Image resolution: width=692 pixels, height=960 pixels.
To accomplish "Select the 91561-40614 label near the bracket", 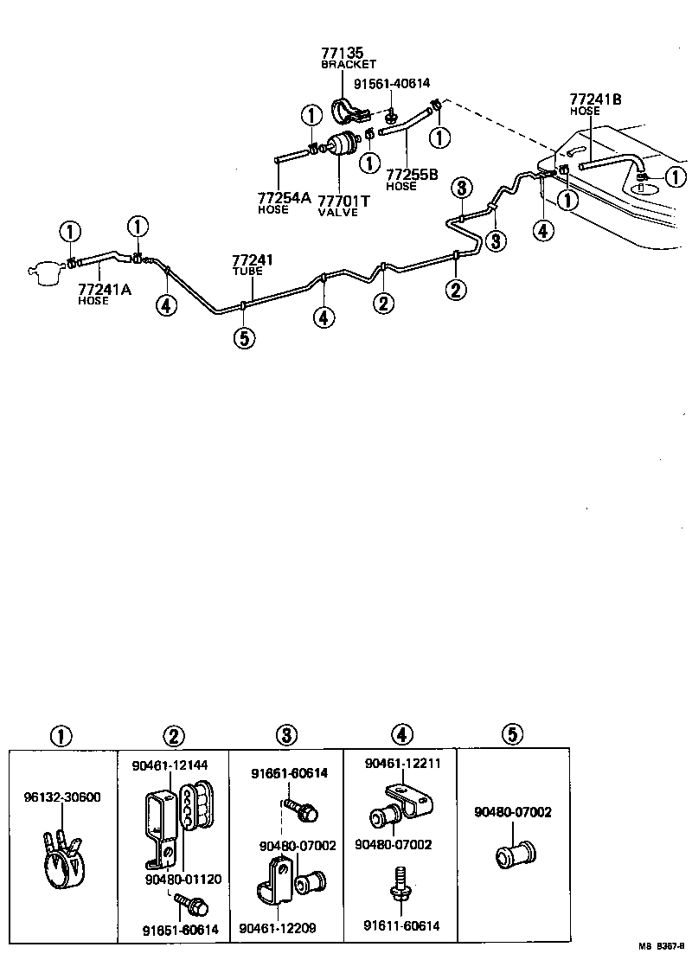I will [391, 83].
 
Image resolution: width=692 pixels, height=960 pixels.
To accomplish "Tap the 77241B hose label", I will [595, 99].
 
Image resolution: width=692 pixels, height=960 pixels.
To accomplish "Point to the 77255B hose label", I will [413, 174].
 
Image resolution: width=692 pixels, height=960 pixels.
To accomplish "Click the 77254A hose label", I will [284, 198].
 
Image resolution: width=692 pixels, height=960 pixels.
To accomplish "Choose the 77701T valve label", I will [343, 200].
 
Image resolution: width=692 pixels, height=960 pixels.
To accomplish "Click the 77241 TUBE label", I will [252, 259].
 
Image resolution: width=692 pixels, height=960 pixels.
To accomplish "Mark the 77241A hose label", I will [104, 289].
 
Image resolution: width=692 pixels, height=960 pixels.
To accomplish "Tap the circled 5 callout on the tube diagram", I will [244, 338].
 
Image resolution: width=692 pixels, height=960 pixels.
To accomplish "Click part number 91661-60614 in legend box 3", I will [290, 773].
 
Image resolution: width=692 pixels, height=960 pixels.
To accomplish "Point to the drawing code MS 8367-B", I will [661, 949].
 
